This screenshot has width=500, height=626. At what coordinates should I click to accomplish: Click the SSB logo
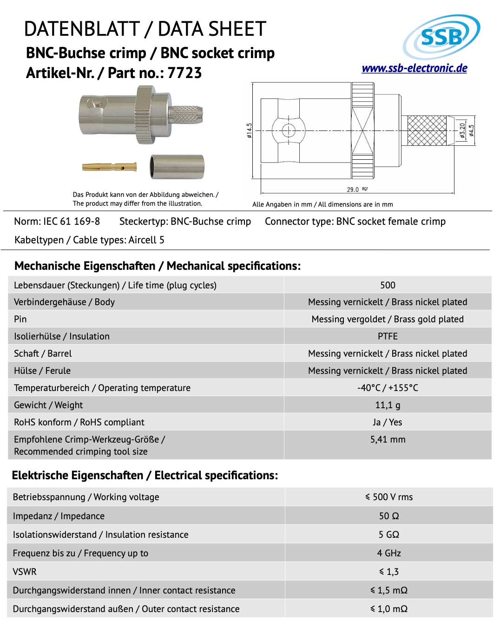(441, 37)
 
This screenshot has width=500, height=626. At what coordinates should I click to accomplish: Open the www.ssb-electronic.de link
(414, 68)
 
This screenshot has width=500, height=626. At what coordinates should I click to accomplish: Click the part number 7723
(184, 73)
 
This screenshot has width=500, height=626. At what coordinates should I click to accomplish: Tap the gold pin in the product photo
(110, 167)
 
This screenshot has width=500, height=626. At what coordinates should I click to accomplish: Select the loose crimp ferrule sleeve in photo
(177, 167)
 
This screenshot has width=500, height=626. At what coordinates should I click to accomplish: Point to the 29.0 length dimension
(353, 189)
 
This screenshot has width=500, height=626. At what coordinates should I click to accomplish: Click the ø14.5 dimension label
(250, 130)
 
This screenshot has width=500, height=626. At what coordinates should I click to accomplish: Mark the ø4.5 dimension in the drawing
(472, 130)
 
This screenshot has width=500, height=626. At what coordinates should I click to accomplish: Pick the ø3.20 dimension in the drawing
(462, 130)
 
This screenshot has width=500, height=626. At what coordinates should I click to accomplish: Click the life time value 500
(388, 285)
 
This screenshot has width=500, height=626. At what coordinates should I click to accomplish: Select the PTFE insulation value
(388, 336)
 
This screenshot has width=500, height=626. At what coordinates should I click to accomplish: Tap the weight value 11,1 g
(388, 405)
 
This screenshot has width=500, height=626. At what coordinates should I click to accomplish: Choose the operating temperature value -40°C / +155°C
(388, 388)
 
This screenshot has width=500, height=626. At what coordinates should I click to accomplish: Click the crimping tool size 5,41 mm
(388, 439)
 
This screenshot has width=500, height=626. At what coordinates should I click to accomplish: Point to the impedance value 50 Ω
(389, 516)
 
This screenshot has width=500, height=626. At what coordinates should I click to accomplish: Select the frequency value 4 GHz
(389, 553)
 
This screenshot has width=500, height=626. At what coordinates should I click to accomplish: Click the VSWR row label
(25, 572)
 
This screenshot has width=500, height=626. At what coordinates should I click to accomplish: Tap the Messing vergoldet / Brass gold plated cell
(388, 319)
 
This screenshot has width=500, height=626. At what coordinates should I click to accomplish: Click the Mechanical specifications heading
(158, 266)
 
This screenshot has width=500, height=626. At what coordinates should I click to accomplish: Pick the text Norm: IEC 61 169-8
(57, 222)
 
